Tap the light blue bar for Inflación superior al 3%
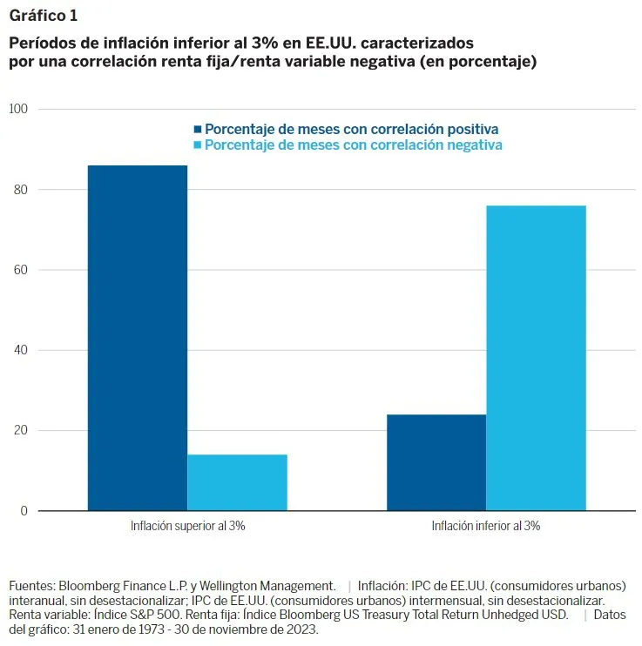point(237,482)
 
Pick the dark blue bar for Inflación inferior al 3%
point(436,462)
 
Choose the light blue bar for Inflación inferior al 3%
point(536,358)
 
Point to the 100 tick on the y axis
point(19,109)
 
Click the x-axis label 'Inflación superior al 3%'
point(187,526)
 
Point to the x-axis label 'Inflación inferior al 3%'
point(486,526)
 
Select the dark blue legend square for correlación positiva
point(198,129)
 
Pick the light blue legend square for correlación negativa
point(198,145)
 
